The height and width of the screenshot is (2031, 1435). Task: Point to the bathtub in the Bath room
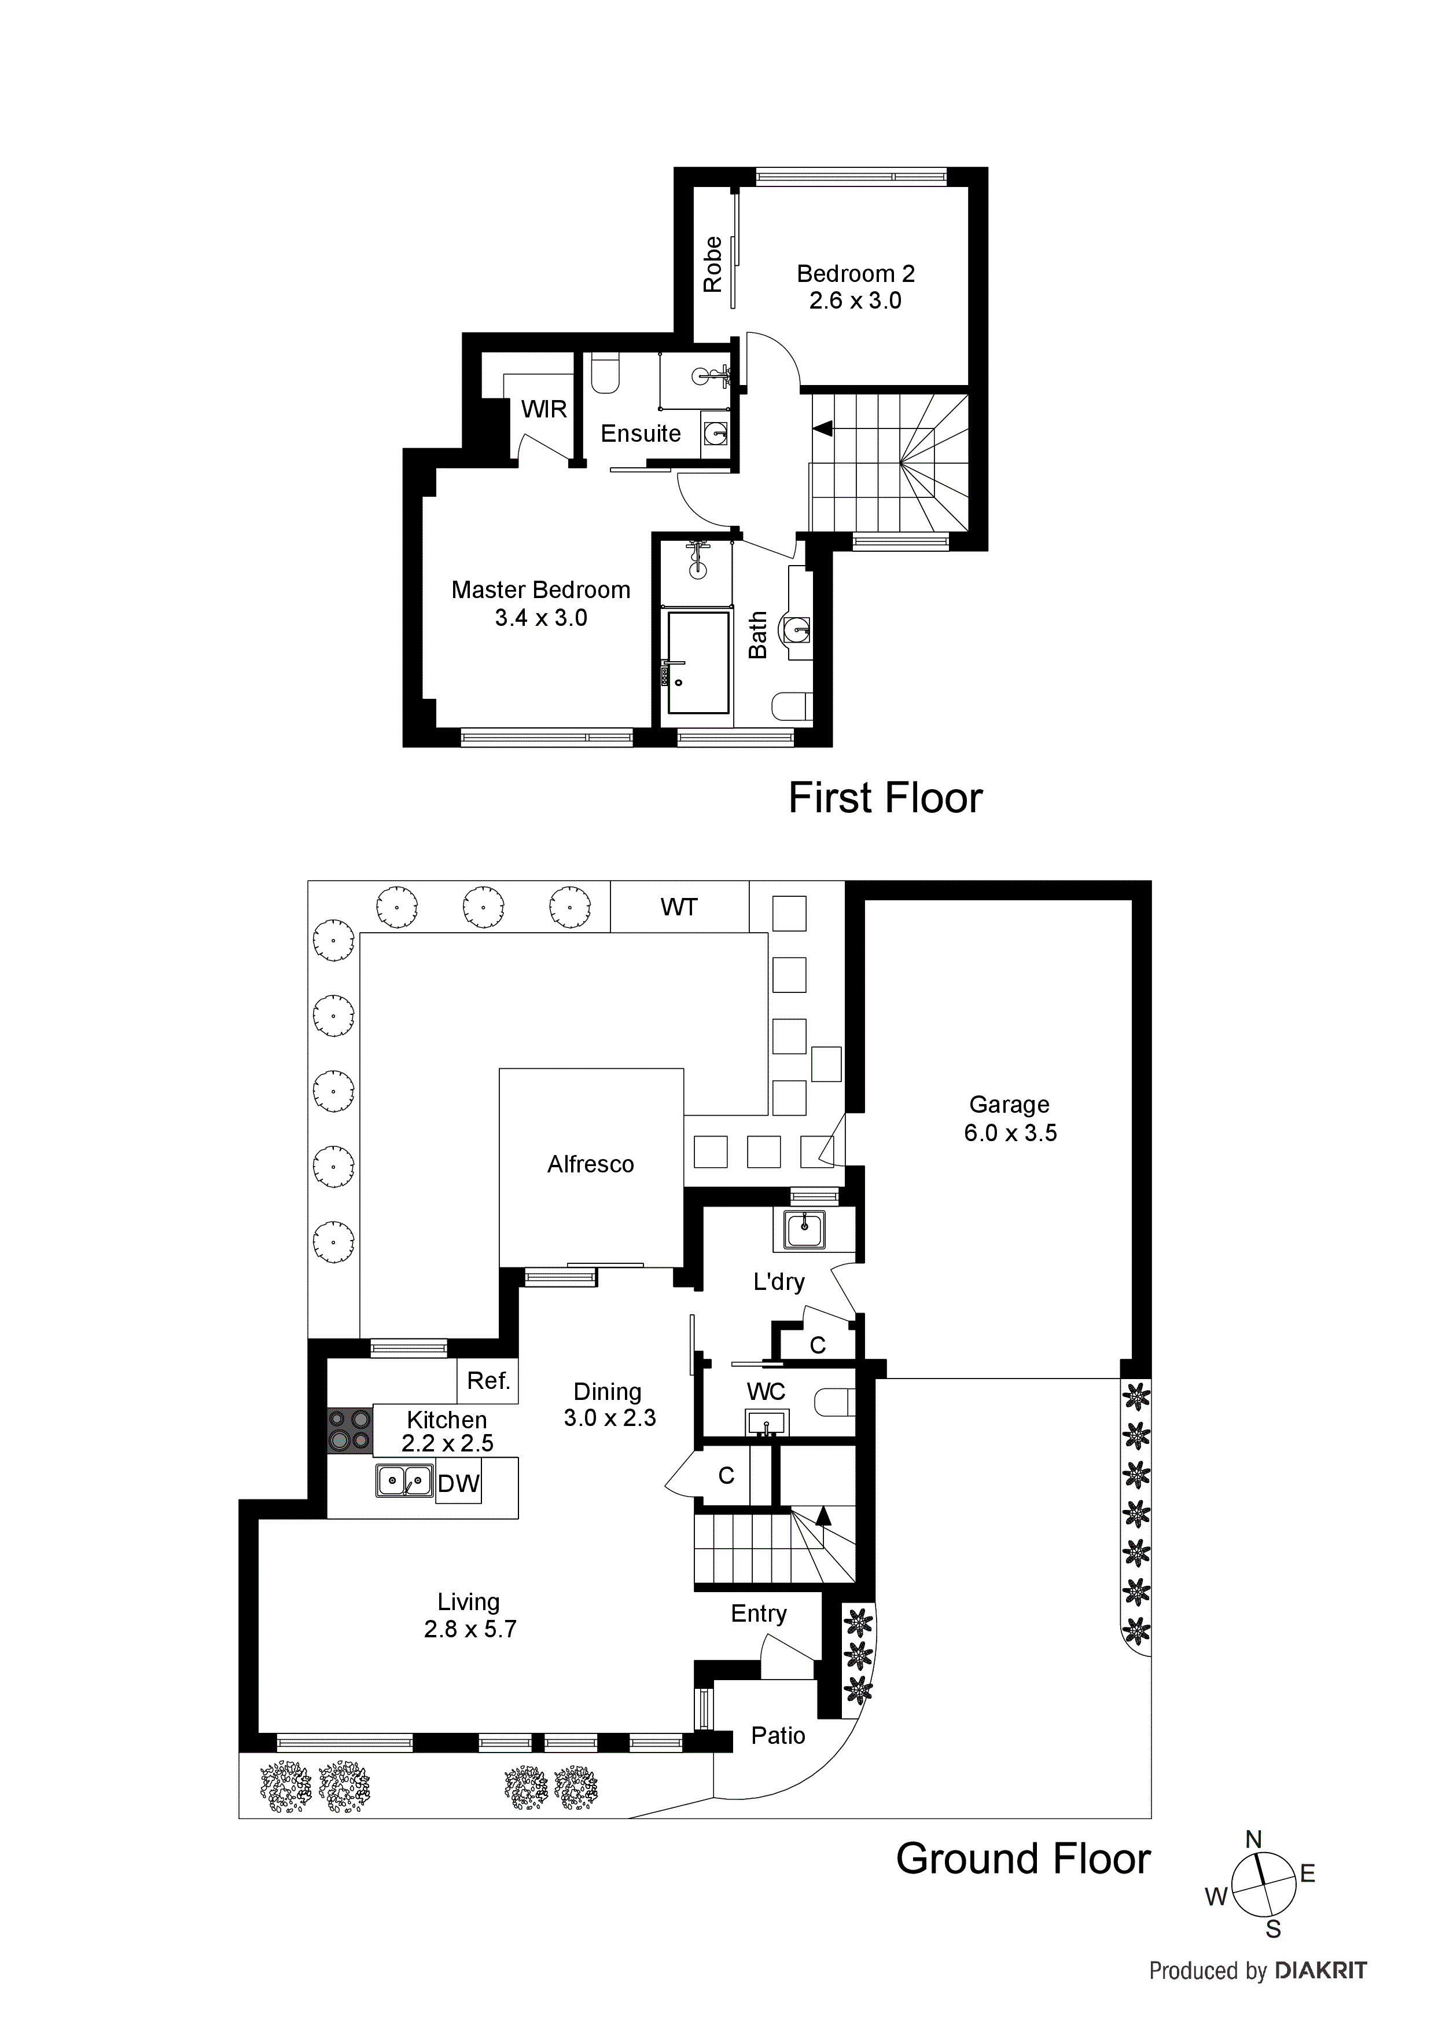(x=698, y=662)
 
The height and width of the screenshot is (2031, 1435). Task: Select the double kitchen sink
(x=404, y=1480)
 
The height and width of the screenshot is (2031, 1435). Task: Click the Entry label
(x=758, y=1614)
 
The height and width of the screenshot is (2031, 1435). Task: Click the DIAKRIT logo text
(x=1321, y=1970)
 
